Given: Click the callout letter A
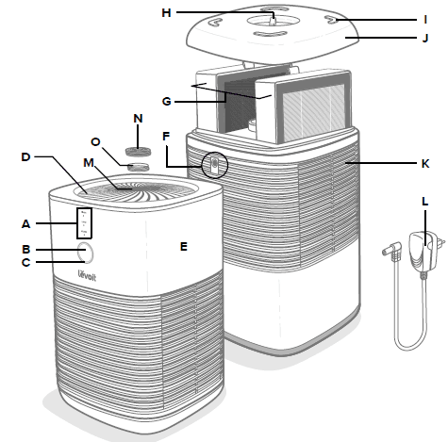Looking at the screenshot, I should coord(26,223).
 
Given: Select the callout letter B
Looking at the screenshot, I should coord(26,249).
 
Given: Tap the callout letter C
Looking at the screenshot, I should coord(26,263).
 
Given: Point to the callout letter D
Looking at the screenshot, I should coord(26,156).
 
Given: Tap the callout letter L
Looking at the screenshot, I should coord(425,203).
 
